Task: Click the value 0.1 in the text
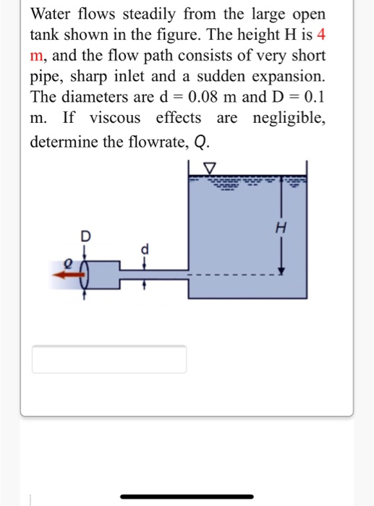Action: (313, 97)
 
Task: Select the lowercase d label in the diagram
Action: (144, 249)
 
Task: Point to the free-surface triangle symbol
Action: (211, 169)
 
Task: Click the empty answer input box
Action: (109, 359)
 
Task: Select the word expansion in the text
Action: (286, 76)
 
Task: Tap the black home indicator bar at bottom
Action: (187, 497)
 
